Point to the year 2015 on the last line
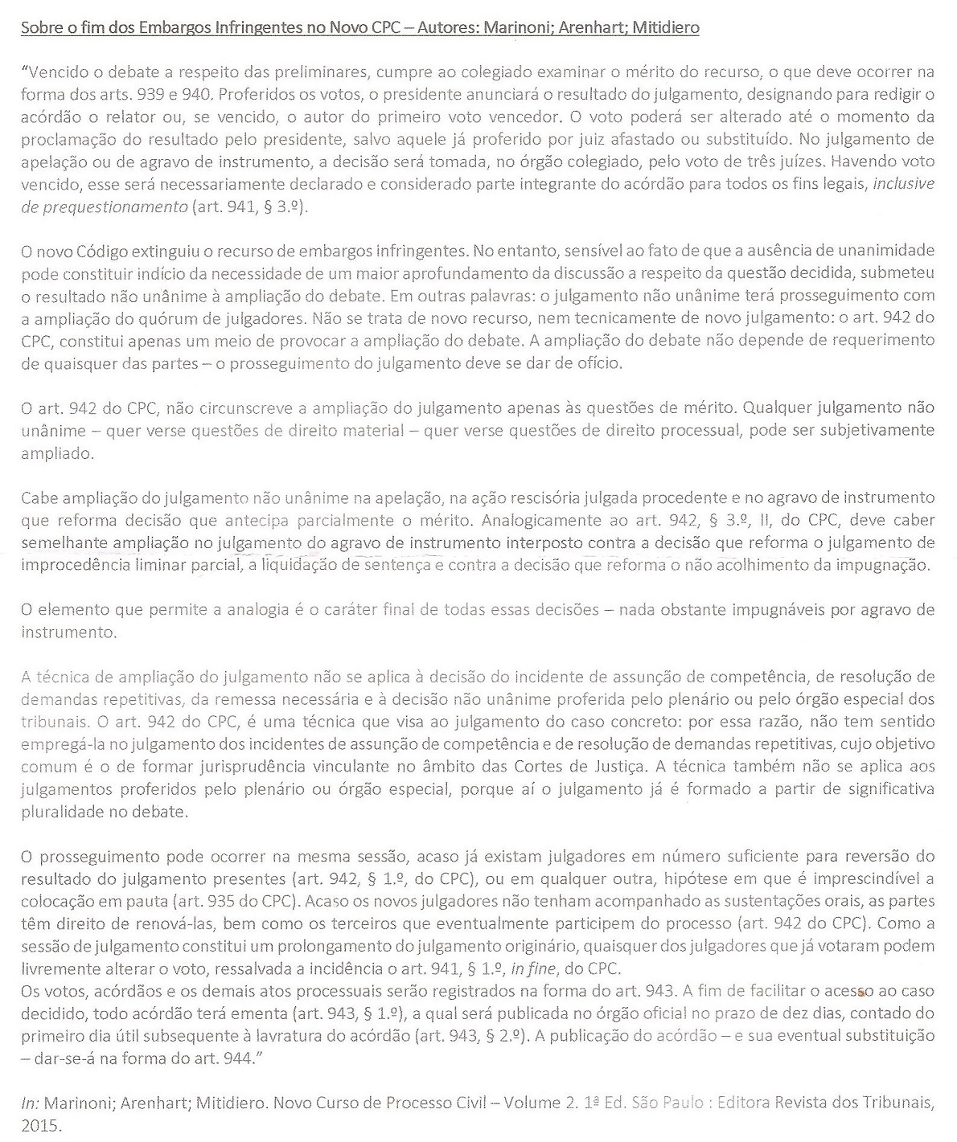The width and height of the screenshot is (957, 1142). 41,1125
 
